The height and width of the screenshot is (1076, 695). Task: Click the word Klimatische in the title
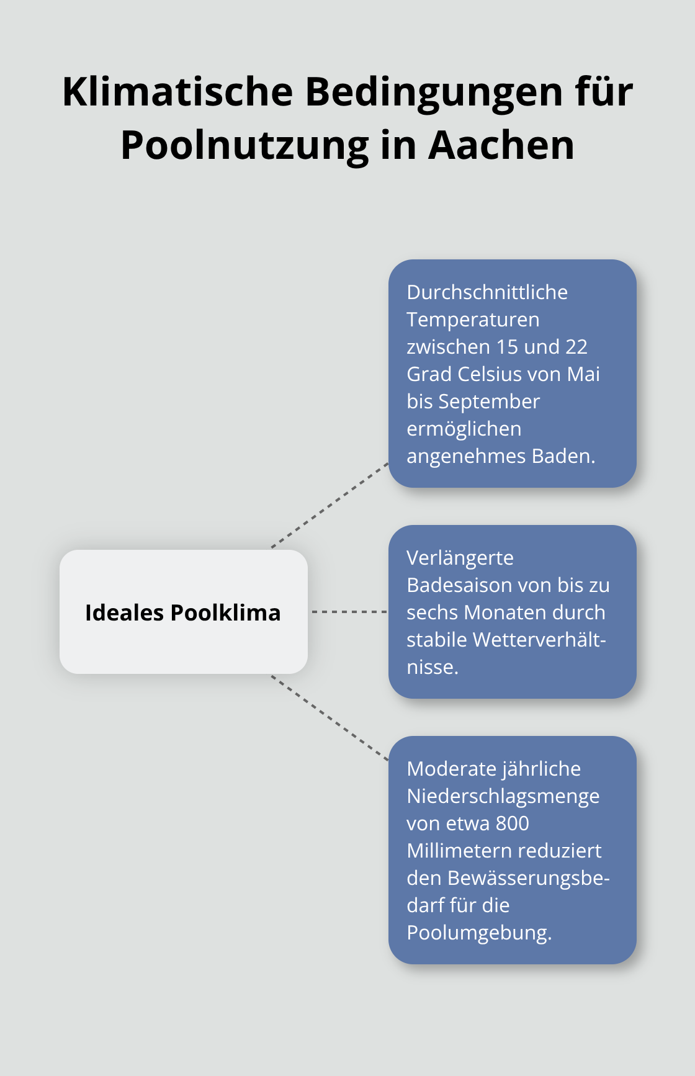click(177, 92)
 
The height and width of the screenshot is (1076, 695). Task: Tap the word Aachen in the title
click(501, 145)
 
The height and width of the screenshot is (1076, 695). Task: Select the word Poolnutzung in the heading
click(244, 145)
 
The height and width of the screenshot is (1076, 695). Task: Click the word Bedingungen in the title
click(434, 92)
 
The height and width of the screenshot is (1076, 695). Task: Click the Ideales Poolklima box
click(183, 612)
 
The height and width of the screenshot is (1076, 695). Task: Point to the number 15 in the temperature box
click(507, 347)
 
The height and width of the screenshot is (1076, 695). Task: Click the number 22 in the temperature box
click(576, 347)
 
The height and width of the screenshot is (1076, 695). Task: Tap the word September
click(489, 401)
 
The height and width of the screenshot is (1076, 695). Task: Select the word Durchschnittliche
click(487, 292)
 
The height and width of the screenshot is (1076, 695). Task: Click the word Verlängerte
click(460, 558)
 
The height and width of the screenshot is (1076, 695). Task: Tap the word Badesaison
click(456, 585)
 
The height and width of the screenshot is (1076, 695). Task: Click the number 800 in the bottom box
click(513, 823)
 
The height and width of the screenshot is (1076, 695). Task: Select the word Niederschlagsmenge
click(503, 796)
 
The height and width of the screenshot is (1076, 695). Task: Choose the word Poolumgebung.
click(479, 933)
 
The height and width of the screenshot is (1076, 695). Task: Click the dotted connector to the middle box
click(349, 612)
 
